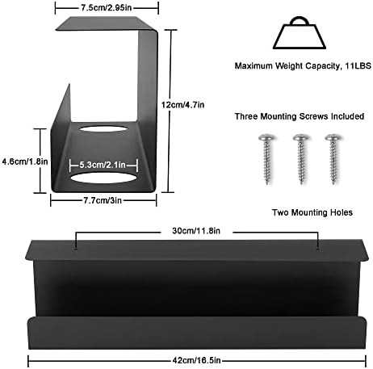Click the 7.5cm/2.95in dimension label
(107, 8)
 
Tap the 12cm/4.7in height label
(182, 105)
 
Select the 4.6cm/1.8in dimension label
(25, 161)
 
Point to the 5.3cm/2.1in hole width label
(103, 165)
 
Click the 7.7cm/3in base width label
(103, 200)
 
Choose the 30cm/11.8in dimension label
(196, 231)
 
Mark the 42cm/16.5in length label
(197, 360)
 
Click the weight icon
(300, 33)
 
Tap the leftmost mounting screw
(267, 159)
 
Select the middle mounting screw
(301, 159)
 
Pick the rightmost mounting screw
(333, 159)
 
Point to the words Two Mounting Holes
(312, 212)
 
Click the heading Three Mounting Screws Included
(300, 116)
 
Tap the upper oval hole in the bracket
(103, 128)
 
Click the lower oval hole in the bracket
(103, 178)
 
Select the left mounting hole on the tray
(76, 249)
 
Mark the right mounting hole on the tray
(318, 249)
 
